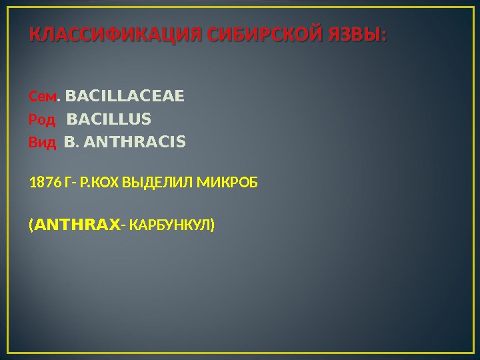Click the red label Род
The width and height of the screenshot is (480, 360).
42,120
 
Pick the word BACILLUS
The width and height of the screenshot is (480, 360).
109,119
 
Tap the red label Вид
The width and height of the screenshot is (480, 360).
42,142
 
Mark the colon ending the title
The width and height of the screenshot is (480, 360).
383,35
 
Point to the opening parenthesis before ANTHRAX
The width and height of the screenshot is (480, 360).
31,225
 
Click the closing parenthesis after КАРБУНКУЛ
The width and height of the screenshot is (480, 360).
213,225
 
